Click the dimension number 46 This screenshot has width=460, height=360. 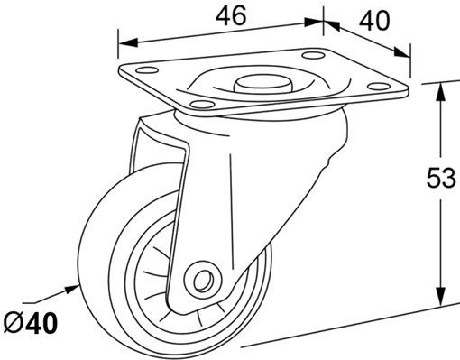pyautogui.click(x=231, y=15)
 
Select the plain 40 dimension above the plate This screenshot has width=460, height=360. pyautogui.click(x=374, y=21)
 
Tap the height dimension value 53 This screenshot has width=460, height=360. pyautogui.click(x=441, y=178)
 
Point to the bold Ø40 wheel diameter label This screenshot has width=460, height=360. pyautogui.click(x=31, y=323)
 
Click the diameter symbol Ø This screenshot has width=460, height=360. pyautogui.click(x=14, y=323)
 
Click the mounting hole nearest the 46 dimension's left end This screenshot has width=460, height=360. pyautogui.click(x=147, y=71)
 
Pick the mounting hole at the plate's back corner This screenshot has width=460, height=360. pyautogui.click(x=313, y=56)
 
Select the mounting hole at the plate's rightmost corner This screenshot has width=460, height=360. pyautogui.click(x=379, y=87)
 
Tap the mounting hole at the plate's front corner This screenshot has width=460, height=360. pyautogui.click(x=202, y=105)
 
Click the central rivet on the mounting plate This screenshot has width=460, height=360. pyautogui.click(x=262, y=83)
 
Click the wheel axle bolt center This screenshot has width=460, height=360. pyautogui.click(x=203, y=282)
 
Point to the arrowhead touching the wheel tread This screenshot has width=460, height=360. pyautogui.click(x=71, y=290)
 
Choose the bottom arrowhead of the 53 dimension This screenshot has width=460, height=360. pyautogui.click(x=441, y=296)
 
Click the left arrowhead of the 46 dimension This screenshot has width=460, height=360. pyautogui.click(x=128, y=42)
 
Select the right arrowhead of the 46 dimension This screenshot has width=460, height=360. pyautogui.click(x=314, y=23)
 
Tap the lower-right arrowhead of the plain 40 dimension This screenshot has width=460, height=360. pyautogui.click(x=402, y=52)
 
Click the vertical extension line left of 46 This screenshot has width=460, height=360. pyautogui.click(x=118, y=44)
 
